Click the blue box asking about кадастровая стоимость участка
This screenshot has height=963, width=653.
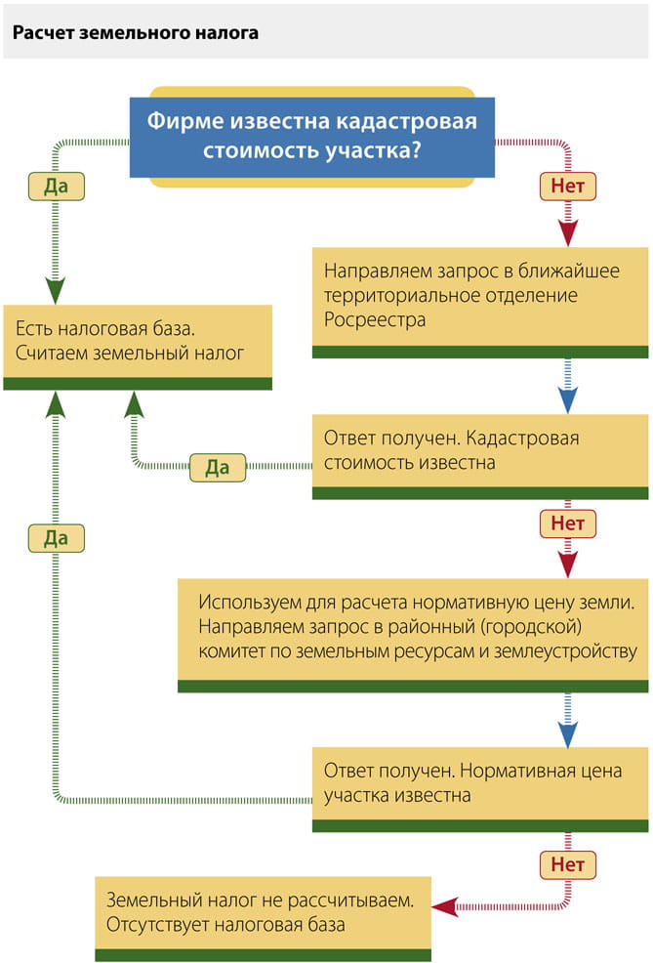coord(312,137)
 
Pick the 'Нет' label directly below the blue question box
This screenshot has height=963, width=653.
coord(567,186)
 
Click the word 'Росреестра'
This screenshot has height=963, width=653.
coord(375,319)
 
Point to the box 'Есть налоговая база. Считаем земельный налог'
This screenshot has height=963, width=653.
coord(137,338)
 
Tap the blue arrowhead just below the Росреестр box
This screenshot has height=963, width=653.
coord(567,398)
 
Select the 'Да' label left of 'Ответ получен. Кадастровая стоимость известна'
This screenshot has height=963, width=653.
coord(217,467)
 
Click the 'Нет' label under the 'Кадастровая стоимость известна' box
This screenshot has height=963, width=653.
coord(567,523)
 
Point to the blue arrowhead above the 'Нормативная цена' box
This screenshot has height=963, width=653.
coord(567,733)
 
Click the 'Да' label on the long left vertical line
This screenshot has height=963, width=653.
coord(57,537)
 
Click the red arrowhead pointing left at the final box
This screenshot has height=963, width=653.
coord(445,906)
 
